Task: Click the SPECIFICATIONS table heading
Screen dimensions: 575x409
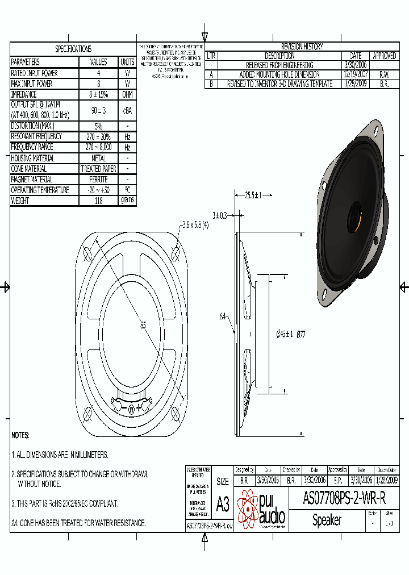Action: click(73, 49)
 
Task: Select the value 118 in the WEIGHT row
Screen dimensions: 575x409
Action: click(98, 201)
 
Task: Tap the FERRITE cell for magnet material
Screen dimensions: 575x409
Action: click(98, 180)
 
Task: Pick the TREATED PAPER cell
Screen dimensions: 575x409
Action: click(98, 169)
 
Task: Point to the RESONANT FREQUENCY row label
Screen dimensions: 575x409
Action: click(37, 136)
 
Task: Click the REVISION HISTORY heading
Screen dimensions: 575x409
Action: click(302, 47)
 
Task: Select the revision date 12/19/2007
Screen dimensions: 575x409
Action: click(356, 74)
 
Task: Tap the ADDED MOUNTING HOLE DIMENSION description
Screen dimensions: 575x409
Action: click(279, 74)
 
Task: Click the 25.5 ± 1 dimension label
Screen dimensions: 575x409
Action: click(253, 196)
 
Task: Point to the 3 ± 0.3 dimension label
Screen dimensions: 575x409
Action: click(219, 215)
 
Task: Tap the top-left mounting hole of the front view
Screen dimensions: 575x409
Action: click(88, 253)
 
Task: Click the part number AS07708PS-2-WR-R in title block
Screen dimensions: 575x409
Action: click(344, 499)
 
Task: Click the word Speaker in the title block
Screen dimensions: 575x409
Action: click(327, 520)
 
